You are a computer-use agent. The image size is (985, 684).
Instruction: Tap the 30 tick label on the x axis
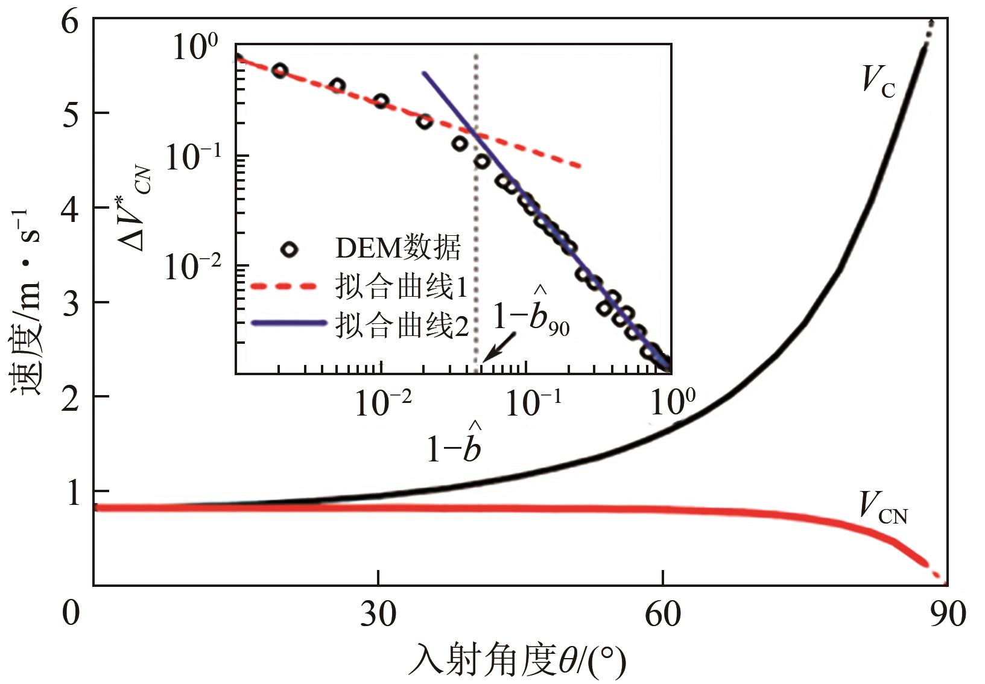378,614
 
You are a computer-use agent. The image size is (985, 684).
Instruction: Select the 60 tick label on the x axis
662,614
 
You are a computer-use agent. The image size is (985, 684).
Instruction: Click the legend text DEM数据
398,248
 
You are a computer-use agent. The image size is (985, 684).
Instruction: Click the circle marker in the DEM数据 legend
291,249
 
